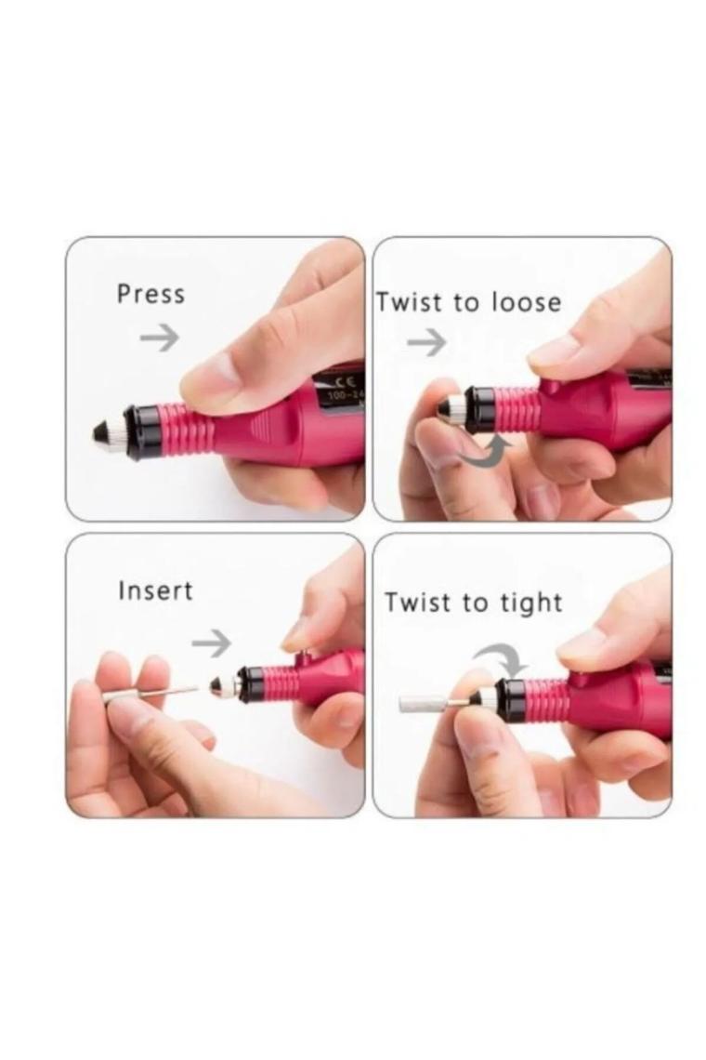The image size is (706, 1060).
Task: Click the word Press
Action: coord(150,294)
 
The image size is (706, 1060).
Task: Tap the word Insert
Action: coord(155,591)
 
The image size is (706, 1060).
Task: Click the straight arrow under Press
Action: coord(159,338)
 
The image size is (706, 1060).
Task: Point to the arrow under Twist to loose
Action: coord(426,344)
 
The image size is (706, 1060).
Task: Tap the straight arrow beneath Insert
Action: coord(211,642)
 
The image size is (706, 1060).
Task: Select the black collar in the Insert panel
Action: coord(250,685)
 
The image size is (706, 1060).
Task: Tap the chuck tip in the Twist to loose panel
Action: coord(454,407)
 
